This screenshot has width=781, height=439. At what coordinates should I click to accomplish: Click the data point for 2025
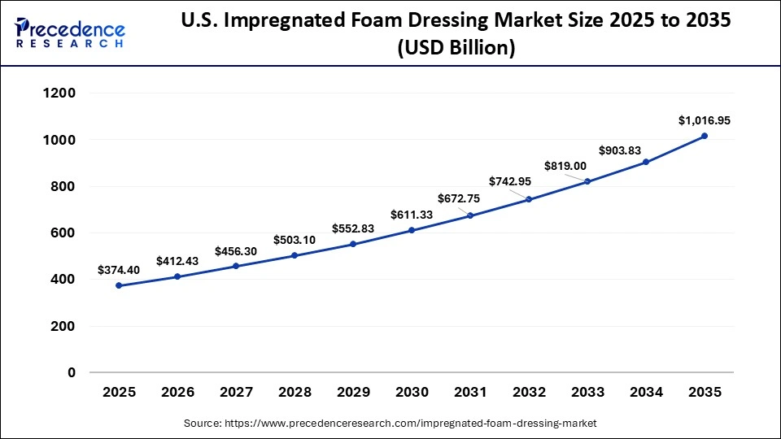tap(120, 285)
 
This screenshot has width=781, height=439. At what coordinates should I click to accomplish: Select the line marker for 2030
tap(412, 230)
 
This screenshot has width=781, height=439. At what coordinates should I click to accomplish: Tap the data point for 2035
tap(705, 136)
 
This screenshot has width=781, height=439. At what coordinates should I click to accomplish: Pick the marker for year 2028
tap(295, 255)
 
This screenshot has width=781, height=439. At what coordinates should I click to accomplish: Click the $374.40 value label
tap(118, 270)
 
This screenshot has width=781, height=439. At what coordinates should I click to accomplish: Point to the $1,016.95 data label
tap(705, 120)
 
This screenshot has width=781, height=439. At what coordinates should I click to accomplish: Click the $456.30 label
tap(236, 251)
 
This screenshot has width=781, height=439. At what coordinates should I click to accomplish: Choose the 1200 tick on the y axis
tap(59, 93)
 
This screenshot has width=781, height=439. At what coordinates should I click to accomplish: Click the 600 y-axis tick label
tap(63, 233)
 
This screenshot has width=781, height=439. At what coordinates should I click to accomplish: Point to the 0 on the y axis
tap(72, 373)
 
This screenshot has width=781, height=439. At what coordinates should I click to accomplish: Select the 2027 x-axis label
tap(236, 392)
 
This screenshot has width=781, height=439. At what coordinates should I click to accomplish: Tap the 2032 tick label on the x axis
tap(529, 392)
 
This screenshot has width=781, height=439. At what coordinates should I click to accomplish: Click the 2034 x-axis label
tap(646, 392)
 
